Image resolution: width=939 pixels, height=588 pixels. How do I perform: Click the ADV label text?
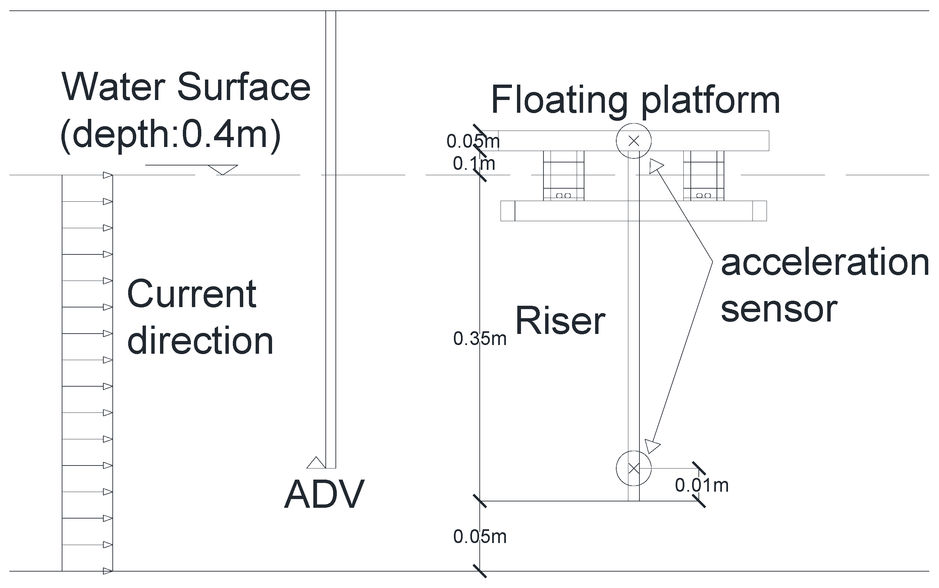(324, 494)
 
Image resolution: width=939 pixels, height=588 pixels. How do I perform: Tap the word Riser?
(560, 321)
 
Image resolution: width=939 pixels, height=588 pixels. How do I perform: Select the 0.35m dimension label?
(480, 339)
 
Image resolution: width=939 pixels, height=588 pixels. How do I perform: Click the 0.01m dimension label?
(701, 485)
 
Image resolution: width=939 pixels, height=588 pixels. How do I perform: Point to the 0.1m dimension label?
(474, 164)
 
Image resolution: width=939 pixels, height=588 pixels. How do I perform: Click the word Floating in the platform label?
(559, 100)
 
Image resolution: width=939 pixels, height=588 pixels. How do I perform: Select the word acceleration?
(825, 263)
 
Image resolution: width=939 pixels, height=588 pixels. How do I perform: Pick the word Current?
(192, 294)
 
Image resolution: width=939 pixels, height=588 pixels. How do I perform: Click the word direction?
(200, 341)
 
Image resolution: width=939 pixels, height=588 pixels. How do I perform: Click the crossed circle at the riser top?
(633, 141)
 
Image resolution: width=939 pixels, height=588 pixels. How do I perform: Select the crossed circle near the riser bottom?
(633, 468)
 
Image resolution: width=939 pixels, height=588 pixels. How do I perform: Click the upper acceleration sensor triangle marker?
(656, 166)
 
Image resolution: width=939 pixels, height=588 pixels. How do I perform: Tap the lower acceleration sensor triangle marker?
(652, 446)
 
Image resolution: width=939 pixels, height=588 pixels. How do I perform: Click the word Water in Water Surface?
(113, 87)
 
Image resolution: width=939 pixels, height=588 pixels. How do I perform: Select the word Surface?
(244, 87)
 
